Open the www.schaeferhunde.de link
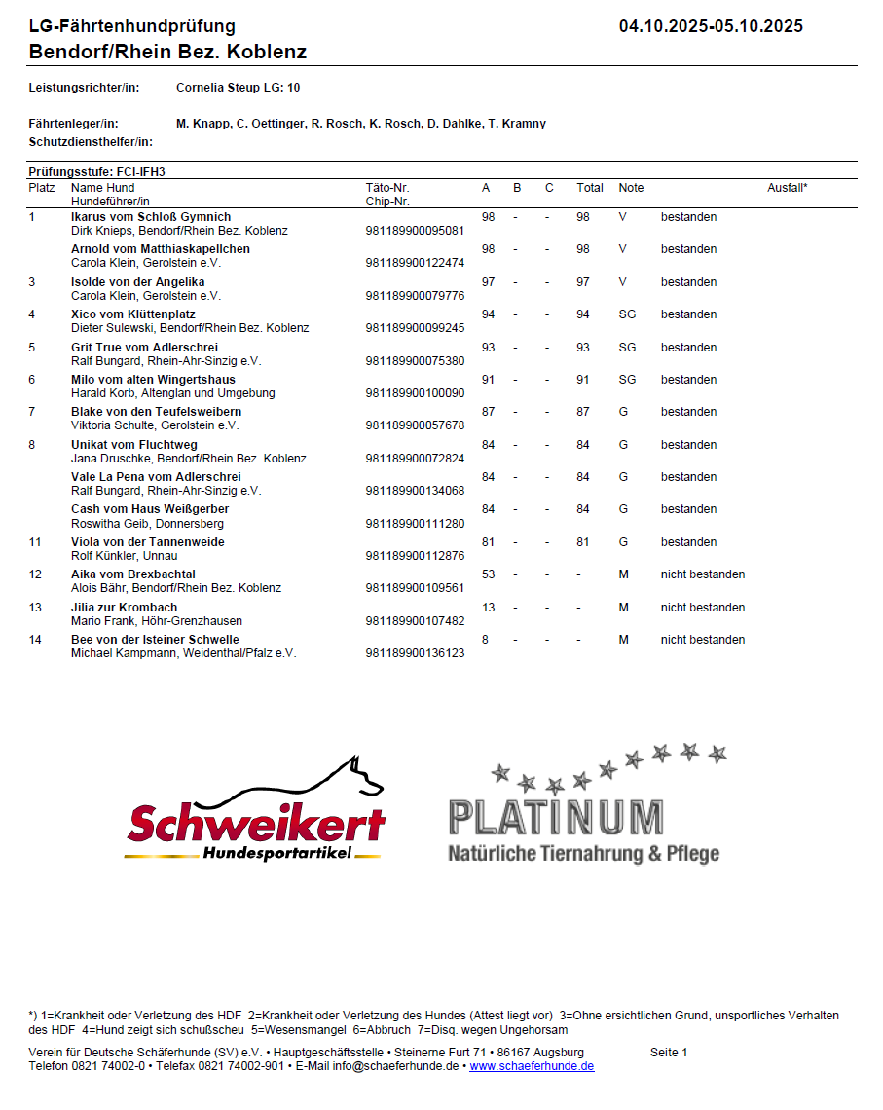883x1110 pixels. click(x=532, y=1066)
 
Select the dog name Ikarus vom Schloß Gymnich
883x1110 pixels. click(x=151, y=217)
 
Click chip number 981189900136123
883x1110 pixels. click(x=415, y=653)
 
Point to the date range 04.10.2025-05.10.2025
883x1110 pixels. click(x=711, y=26)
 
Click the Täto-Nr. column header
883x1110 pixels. click(x=387, y=188)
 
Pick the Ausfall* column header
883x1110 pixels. click(x=787, y=188)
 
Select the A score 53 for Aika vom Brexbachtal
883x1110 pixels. click(x=489, y=574)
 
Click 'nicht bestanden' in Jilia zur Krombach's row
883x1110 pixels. click(x=703, y=608)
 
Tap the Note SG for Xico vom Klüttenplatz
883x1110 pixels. click(x=627, y=314)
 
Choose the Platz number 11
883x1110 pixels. click(x=36, y=542)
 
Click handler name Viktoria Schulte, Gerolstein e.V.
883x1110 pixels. click(x=155, y=425)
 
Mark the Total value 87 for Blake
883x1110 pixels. click(x=583, y=412)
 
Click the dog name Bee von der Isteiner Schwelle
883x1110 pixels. click(x=155, y=640)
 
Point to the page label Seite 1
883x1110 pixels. click(x=669, y=1053)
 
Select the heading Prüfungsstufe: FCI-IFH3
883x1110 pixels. click(x=97, y=171)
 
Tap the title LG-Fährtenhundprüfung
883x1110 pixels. click(x=132, y=26)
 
